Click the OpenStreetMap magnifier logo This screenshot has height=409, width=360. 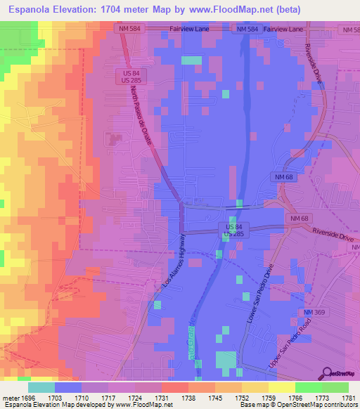[326, 373]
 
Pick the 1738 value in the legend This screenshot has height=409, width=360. [188, 397]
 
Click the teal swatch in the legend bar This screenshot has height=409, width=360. [41, 387]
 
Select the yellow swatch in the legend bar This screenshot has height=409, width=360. [281, 387]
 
